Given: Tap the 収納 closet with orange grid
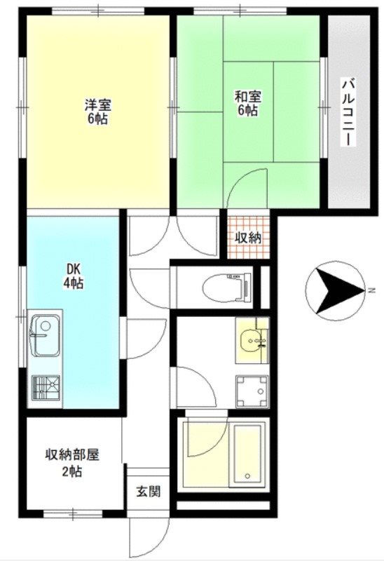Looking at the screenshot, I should point(247,238).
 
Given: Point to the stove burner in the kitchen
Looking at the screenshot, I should point(46,388).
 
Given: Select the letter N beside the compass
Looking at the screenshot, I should point(372,289).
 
